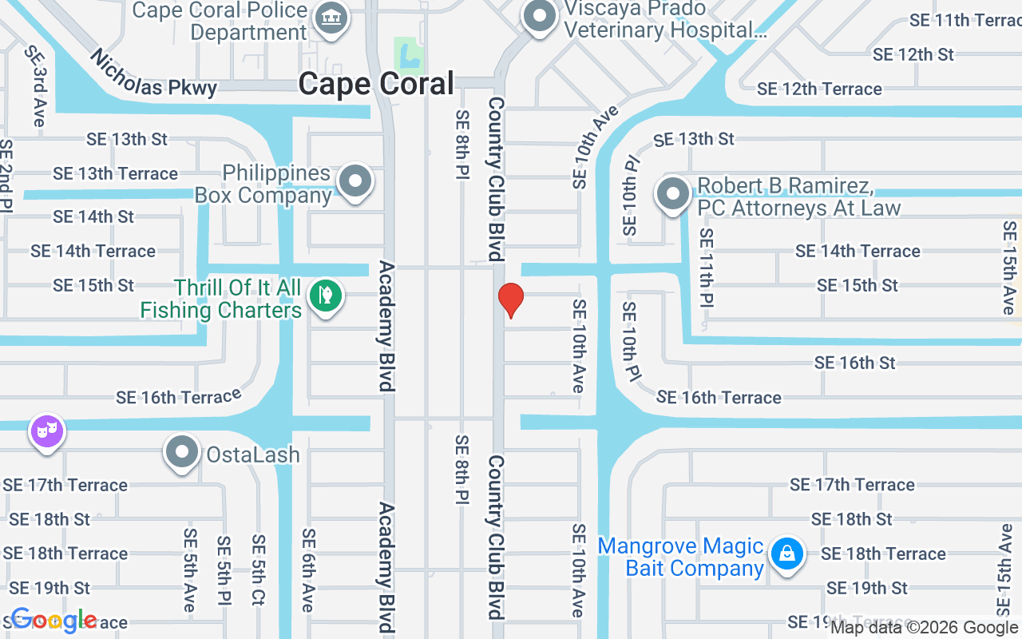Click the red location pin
510,300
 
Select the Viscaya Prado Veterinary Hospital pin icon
541,17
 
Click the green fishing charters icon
325,296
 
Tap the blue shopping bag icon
787,554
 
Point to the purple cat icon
47,432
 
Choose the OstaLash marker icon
182,453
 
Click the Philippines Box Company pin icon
355,181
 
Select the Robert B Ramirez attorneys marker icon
673,194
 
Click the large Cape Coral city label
376,84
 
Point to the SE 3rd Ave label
35,85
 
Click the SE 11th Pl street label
707,268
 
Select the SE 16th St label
854,363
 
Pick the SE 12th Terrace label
819,89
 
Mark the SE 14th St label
93,216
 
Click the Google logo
53,620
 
